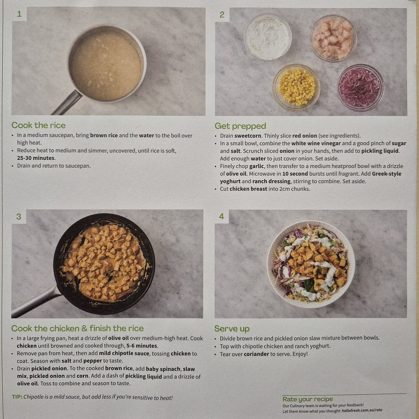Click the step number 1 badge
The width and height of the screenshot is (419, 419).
(19, 14)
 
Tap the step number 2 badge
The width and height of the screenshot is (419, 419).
(222, 15)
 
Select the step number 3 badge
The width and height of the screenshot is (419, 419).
(19, 217)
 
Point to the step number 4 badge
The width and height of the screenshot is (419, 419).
(221, 217)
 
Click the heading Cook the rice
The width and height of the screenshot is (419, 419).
(39, 125)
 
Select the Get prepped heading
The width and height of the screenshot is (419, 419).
(240, 126)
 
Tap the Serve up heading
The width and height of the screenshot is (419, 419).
(232, 328)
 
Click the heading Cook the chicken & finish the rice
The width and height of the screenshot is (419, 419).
(77, 328)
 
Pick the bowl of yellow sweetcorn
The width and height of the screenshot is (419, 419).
(296, 87)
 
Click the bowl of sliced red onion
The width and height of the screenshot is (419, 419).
(361, 88)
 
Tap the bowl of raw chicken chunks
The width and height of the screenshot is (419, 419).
(333, 38)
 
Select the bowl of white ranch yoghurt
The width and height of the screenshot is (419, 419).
(268, 37)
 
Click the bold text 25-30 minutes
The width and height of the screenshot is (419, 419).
(36, 158)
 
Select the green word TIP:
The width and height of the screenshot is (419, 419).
(17, 397)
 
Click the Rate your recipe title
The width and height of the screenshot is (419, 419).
(308, 399)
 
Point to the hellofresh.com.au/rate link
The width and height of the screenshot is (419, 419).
(362, 410)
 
